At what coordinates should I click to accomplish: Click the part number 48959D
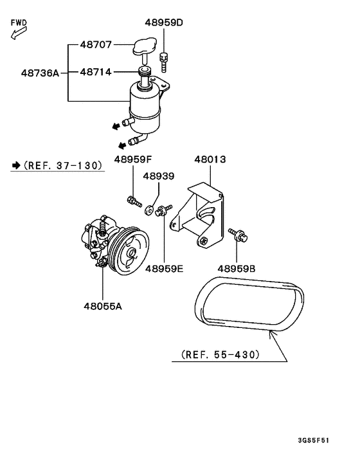click(x=164, y=23)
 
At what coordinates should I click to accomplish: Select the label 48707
click(x=96, y=45)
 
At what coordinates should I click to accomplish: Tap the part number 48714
click(x=96, y=72)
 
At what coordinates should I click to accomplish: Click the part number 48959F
click(x=134, y=158)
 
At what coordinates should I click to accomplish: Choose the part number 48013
click(x=210, y=158)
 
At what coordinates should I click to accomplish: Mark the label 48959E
click(x=164, y=268)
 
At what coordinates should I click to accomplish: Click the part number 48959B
click(x=237, y=268)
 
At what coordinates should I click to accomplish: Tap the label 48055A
click(x=102, y=306)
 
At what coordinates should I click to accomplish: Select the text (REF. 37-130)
click(x=62, y=165)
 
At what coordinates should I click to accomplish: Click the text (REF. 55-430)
click(x=220, y=354)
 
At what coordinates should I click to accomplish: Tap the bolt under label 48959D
click(x=165, y=61)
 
